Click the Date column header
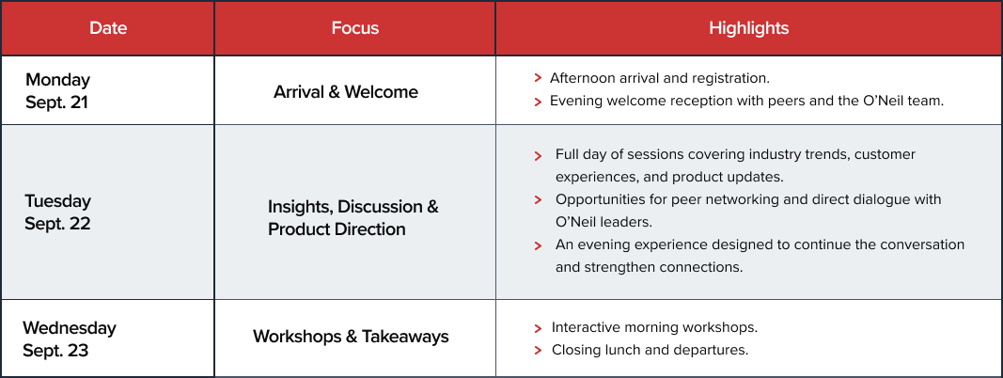point(108,28)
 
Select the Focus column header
point(355,28)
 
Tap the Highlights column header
point(748,28)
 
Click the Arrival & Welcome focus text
point(345,92)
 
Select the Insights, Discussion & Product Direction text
point(353,218)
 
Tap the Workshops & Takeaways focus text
point(351,337)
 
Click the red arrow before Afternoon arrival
point(538,78)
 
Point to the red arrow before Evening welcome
point(538,101)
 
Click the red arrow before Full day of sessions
point(538,155)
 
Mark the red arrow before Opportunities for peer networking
point(538,199)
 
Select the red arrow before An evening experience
point(538,245)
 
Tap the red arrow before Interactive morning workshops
point(538,328)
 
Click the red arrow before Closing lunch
point(538,351)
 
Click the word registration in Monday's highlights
point(731,79)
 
